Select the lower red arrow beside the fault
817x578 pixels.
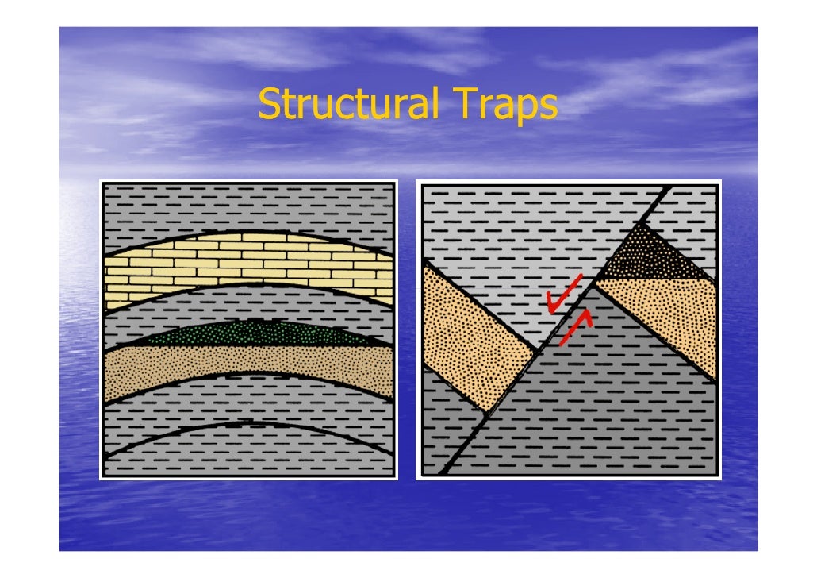point(575,326)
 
